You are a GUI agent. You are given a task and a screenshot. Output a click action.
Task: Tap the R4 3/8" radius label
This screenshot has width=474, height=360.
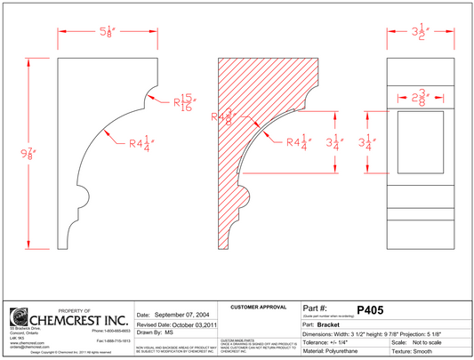point(222,114)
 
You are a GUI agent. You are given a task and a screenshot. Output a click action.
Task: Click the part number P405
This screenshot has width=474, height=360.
point(369,310)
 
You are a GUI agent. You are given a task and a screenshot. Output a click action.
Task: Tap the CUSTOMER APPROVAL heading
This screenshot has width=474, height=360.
point(259,306)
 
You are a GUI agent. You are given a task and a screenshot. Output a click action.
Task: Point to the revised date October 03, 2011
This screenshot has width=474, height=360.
point(189,326)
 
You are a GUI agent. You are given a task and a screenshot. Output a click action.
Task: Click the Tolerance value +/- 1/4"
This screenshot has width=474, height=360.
point(344,341)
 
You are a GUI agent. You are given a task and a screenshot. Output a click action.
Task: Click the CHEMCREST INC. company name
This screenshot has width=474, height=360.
point(80,317)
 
